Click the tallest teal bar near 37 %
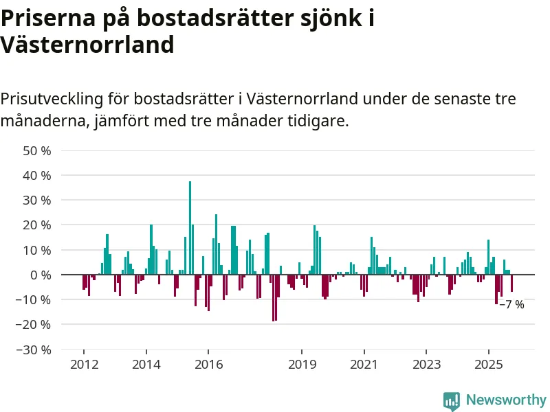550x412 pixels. point(190,227)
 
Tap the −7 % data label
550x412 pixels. point(511,304)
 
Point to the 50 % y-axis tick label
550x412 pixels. point(38,150)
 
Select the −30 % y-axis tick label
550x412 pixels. point(34,350)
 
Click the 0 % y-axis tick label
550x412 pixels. point(41,275)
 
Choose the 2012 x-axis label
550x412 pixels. point(84,365)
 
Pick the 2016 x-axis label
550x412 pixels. point(208,365)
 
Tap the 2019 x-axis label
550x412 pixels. point(302,365)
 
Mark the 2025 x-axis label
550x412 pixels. point(489,365)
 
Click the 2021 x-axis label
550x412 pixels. point(364,365)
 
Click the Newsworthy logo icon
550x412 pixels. point(451,400)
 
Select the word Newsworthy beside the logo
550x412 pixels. point(506,400)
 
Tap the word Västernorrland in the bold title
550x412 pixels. point(87,45)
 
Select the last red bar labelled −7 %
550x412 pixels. point(511,283)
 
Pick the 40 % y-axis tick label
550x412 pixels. point(38,175)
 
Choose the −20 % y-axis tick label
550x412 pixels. point(34,324)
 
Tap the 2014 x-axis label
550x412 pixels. point(146,365)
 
